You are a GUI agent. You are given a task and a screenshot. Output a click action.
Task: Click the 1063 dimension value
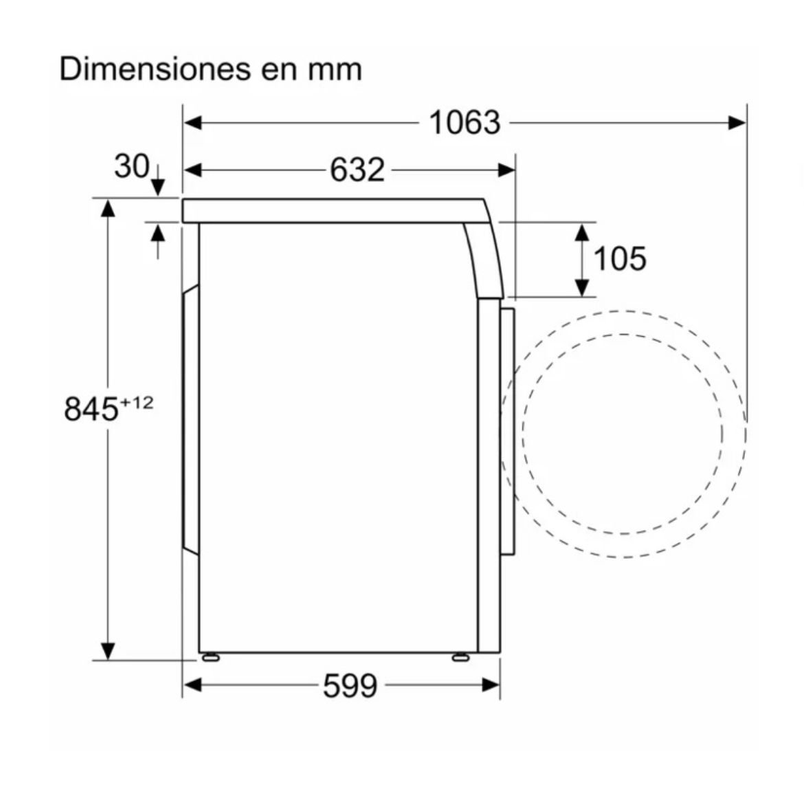[x=465, y=122]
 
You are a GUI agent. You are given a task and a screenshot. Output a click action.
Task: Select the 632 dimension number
[x=357, y=170]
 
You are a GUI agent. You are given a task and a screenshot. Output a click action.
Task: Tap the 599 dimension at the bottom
[x=350, y=685]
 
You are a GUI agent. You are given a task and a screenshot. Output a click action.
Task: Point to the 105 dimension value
[x=620, y=258]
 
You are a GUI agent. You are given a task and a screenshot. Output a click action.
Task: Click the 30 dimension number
[x=132, y=166]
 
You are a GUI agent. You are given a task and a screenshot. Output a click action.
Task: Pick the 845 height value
[x=91, y=409]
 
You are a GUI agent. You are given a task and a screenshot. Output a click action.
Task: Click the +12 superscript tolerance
[x=136, y=403]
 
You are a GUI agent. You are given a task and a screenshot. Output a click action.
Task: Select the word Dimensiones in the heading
[x=155, y=69]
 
